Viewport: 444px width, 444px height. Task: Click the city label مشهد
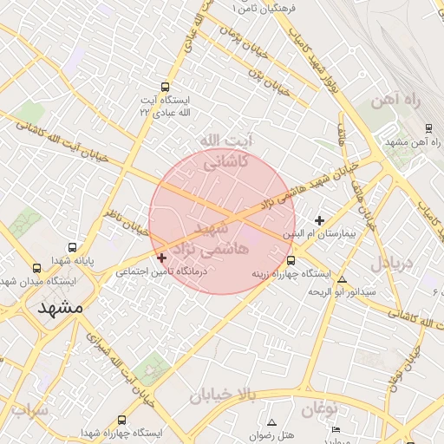point(60,307)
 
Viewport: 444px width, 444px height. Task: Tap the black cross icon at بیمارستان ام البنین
point(320,221)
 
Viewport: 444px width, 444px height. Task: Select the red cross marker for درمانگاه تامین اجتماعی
point(161,258)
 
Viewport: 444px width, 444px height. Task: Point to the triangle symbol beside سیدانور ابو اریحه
point(342,280)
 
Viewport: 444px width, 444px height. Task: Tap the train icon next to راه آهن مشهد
point(428,128)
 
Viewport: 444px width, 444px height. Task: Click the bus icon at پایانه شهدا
point(71,247)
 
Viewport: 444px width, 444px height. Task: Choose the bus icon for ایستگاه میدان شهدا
point(36,268)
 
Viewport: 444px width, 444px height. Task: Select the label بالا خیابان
point(224,395)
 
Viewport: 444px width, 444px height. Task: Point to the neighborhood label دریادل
point(395,261)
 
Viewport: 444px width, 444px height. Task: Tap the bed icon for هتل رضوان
point(336,429)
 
